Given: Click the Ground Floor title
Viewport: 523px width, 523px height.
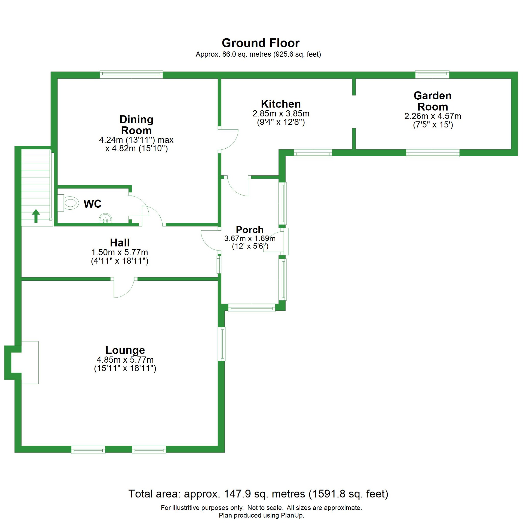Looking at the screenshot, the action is coord(260,43).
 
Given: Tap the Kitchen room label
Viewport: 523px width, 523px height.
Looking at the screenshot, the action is coord(281,104).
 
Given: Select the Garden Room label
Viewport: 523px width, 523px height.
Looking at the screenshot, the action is coord(432,101).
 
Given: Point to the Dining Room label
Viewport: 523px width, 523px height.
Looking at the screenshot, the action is coord(136,125).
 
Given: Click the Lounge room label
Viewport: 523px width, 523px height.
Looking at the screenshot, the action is coord(125,350).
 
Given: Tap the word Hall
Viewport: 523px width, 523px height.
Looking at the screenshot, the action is coord(120,243).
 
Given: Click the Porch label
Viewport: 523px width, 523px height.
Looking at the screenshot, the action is coord(249,230).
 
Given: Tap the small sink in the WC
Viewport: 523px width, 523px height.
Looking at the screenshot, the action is coord(105,218).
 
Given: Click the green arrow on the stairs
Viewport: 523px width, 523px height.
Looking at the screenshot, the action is coord(36,216).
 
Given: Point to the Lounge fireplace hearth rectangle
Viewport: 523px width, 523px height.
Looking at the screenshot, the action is coord(30,362).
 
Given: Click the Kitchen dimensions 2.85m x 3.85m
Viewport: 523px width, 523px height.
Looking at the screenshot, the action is coord(281,113).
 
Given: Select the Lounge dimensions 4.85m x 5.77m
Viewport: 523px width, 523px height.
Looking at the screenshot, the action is coord(125,360).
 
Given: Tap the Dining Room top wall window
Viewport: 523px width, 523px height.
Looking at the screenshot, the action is coord(131,75).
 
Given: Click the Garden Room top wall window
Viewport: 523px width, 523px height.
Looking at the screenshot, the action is coord(432,75).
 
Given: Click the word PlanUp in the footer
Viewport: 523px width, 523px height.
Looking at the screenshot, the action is coord(293,515).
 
